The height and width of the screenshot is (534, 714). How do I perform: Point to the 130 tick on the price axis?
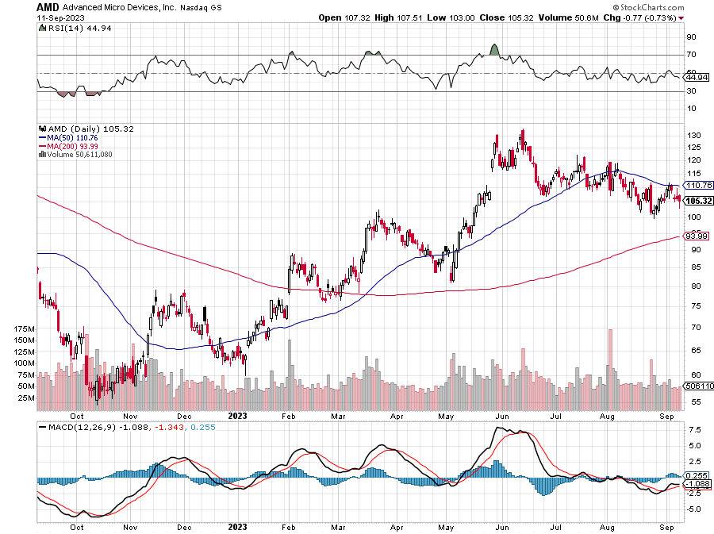[693, 135]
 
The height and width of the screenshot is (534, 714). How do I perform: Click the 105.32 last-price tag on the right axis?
[697, 201]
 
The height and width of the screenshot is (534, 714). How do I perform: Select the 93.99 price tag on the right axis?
[697, 236]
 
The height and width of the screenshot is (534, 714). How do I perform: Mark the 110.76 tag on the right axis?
[697, 185]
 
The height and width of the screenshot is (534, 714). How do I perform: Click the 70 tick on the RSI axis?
[692, 55]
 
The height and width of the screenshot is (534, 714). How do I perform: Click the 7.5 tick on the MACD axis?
[693, 429]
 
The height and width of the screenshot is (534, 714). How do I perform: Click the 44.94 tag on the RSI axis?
[697, 77]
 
